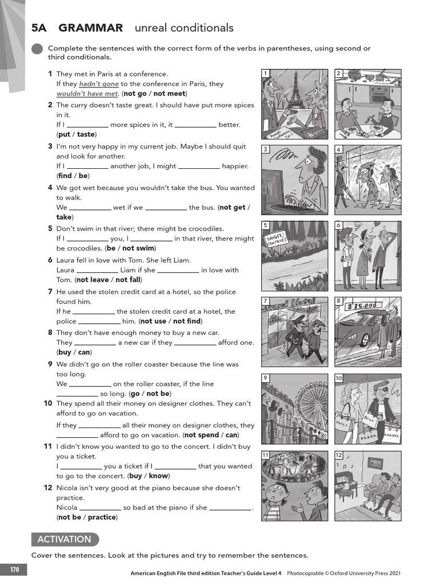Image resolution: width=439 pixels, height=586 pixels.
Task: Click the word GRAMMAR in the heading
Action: coord(90,28)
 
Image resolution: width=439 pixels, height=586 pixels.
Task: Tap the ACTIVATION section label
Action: coord(64,539)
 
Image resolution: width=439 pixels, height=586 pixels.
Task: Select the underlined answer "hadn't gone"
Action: coord(99,84)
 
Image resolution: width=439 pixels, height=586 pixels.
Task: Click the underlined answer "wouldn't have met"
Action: coord(87,94)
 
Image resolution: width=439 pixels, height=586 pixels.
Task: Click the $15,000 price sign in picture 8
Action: coord(362,306)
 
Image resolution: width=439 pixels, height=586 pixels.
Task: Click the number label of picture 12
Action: coord(339,455)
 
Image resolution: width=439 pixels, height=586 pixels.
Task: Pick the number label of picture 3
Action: coord(266,149)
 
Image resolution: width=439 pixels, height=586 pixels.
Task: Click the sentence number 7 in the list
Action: coord(50,292)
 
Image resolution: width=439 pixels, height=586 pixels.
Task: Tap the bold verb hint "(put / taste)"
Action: coord(77,134)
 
